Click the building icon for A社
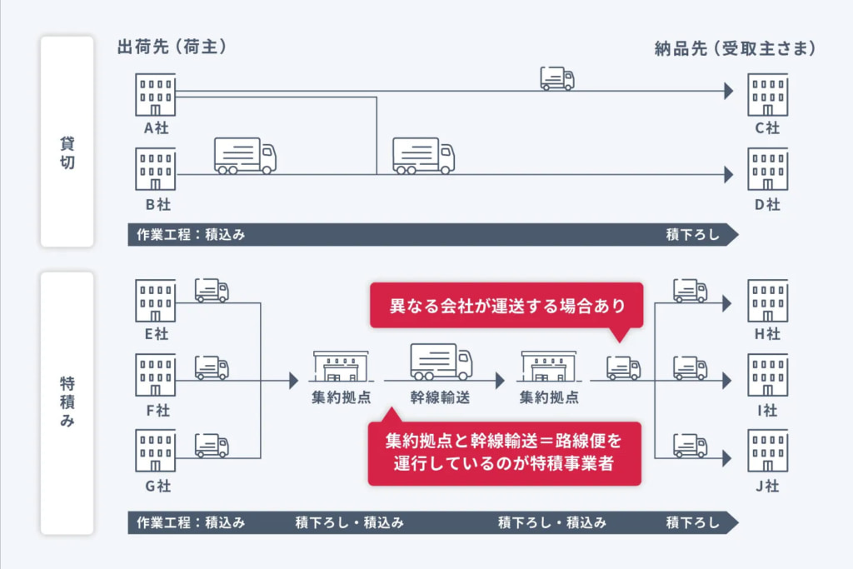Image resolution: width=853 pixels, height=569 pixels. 156,94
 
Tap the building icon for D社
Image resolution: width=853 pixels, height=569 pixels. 767,169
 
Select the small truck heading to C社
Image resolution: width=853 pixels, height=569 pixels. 557,78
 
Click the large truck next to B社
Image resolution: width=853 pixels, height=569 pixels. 245,156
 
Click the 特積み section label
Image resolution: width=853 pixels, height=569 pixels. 67,400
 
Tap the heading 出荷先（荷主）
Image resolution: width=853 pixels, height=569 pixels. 173,47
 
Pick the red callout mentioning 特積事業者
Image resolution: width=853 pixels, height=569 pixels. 504,452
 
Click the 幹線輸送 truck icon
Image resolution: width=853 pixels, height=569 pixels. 441,362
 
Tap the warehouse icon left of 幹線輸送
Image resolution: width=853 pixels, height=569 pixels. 341,366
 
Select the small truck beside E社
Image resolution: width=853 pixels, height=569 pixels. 212,290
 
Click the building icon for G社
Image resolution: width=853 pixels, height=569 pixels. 156,450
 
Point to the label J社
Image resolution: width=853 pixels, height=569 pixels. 766,487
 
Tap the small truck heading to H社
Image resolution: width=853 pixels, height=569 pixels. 690,290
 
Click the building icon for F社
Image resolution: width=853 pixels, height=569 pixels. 156,375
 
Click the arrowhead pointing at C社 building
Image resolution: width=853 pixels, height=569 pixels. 729,91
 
